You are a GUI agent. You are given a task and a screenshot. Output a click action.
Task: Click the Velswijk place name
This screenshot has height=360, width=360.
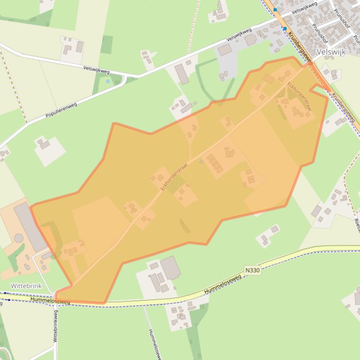tap(331, 52)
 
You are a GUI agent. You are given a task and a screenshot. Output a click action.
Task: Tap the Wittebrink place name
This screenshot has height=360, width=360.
tap(26, 286)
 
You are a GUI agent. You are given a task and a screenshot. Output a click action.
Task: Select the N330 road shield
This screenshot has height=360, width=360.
tap(252, 270)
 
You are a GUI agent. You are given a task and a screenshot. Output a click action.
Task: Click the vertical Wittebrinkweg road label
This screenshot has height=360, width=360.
tap(56, 326)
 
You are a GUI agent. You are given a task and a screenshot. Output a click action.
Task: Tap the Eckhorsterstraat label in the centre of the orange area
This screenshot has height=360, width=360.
tap(171, 176)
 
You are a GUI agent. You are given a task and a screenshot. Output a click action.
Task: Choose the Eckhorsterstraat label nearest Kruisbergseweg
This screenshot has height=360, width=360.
tap(300, 96)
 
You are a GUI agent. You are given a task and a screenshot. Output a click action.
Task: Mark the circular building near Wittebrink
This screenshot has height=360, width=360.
tap(19, 238)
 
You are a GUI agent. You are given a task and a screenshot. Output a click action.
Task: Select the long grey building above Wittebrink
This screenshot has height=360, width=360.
tap(30, 226)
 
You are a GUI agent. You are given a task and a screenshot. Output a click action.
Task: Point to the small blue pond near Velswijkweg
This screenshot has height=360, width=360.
tap(108, 81)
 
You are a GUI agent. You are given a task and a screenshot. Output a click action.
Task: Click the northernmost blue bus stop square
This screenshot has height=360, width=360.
tap(275, 9)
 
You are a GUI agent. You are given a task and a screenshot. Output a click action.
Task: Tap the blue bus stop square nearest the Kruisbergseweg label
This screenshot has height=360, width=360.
tap(284, 29)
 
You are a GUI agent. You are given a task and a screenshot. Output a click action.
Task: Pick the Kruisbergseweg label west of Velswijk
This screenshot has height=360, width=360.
tap(300, 48)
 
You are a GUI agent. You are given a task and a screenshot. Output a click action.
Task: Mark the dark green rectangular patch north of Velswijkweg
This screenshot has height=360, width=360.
tap(107, 44)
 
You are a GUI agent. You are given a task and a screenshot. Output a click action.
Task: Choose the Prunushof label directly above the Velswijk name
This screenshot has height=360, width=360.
tap(320, 34)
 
